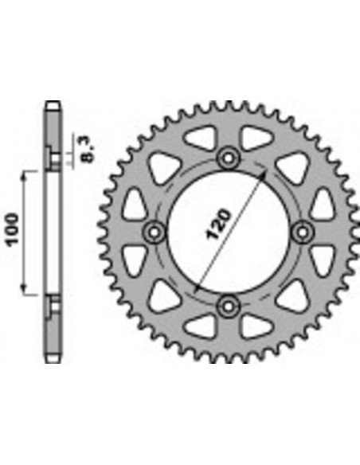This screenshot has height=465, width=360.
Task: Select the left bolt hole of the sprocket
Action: (x=153, y=231)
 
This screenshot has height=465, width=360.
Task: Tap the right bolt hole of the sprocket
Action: (x=303, y=231)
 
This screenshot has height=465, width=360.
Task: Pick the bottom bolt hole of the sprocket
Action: (x=228, y=305)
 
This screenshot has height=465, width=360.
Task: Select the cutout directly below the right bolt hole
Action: (x=321, y=259)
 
